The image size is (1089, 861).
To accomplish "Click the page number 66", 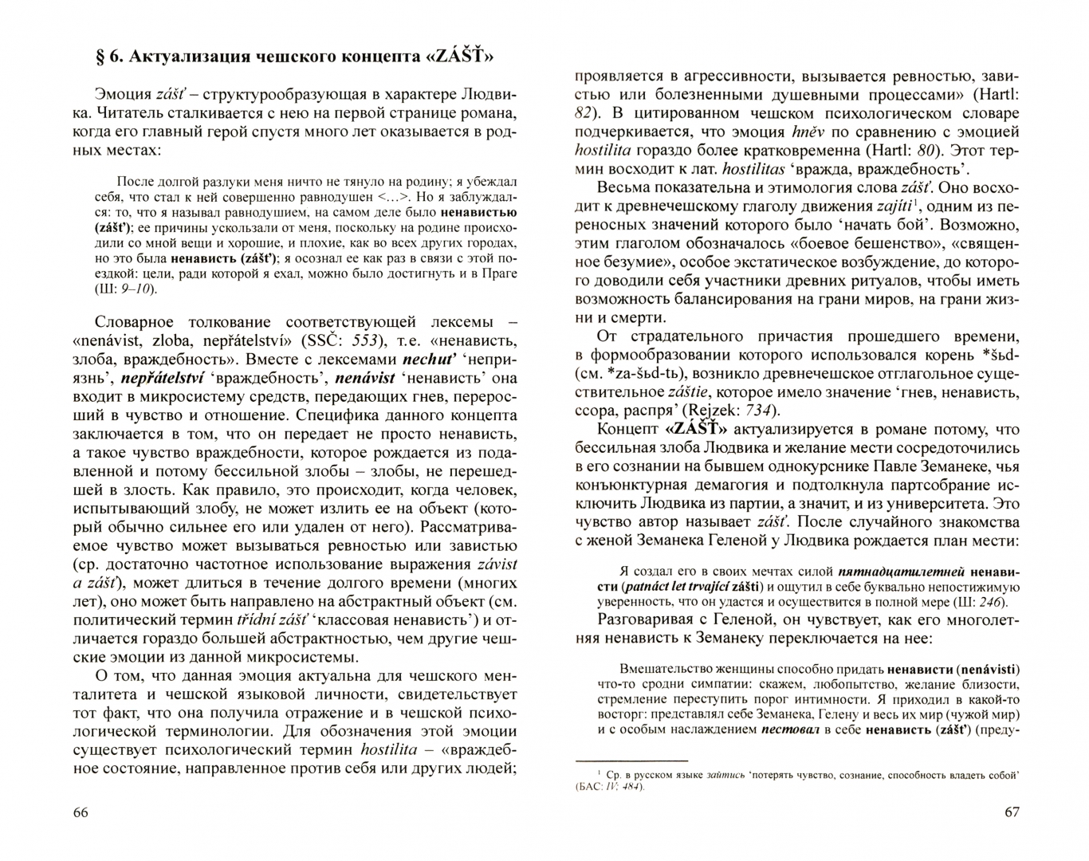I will (x=81, y=812).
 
